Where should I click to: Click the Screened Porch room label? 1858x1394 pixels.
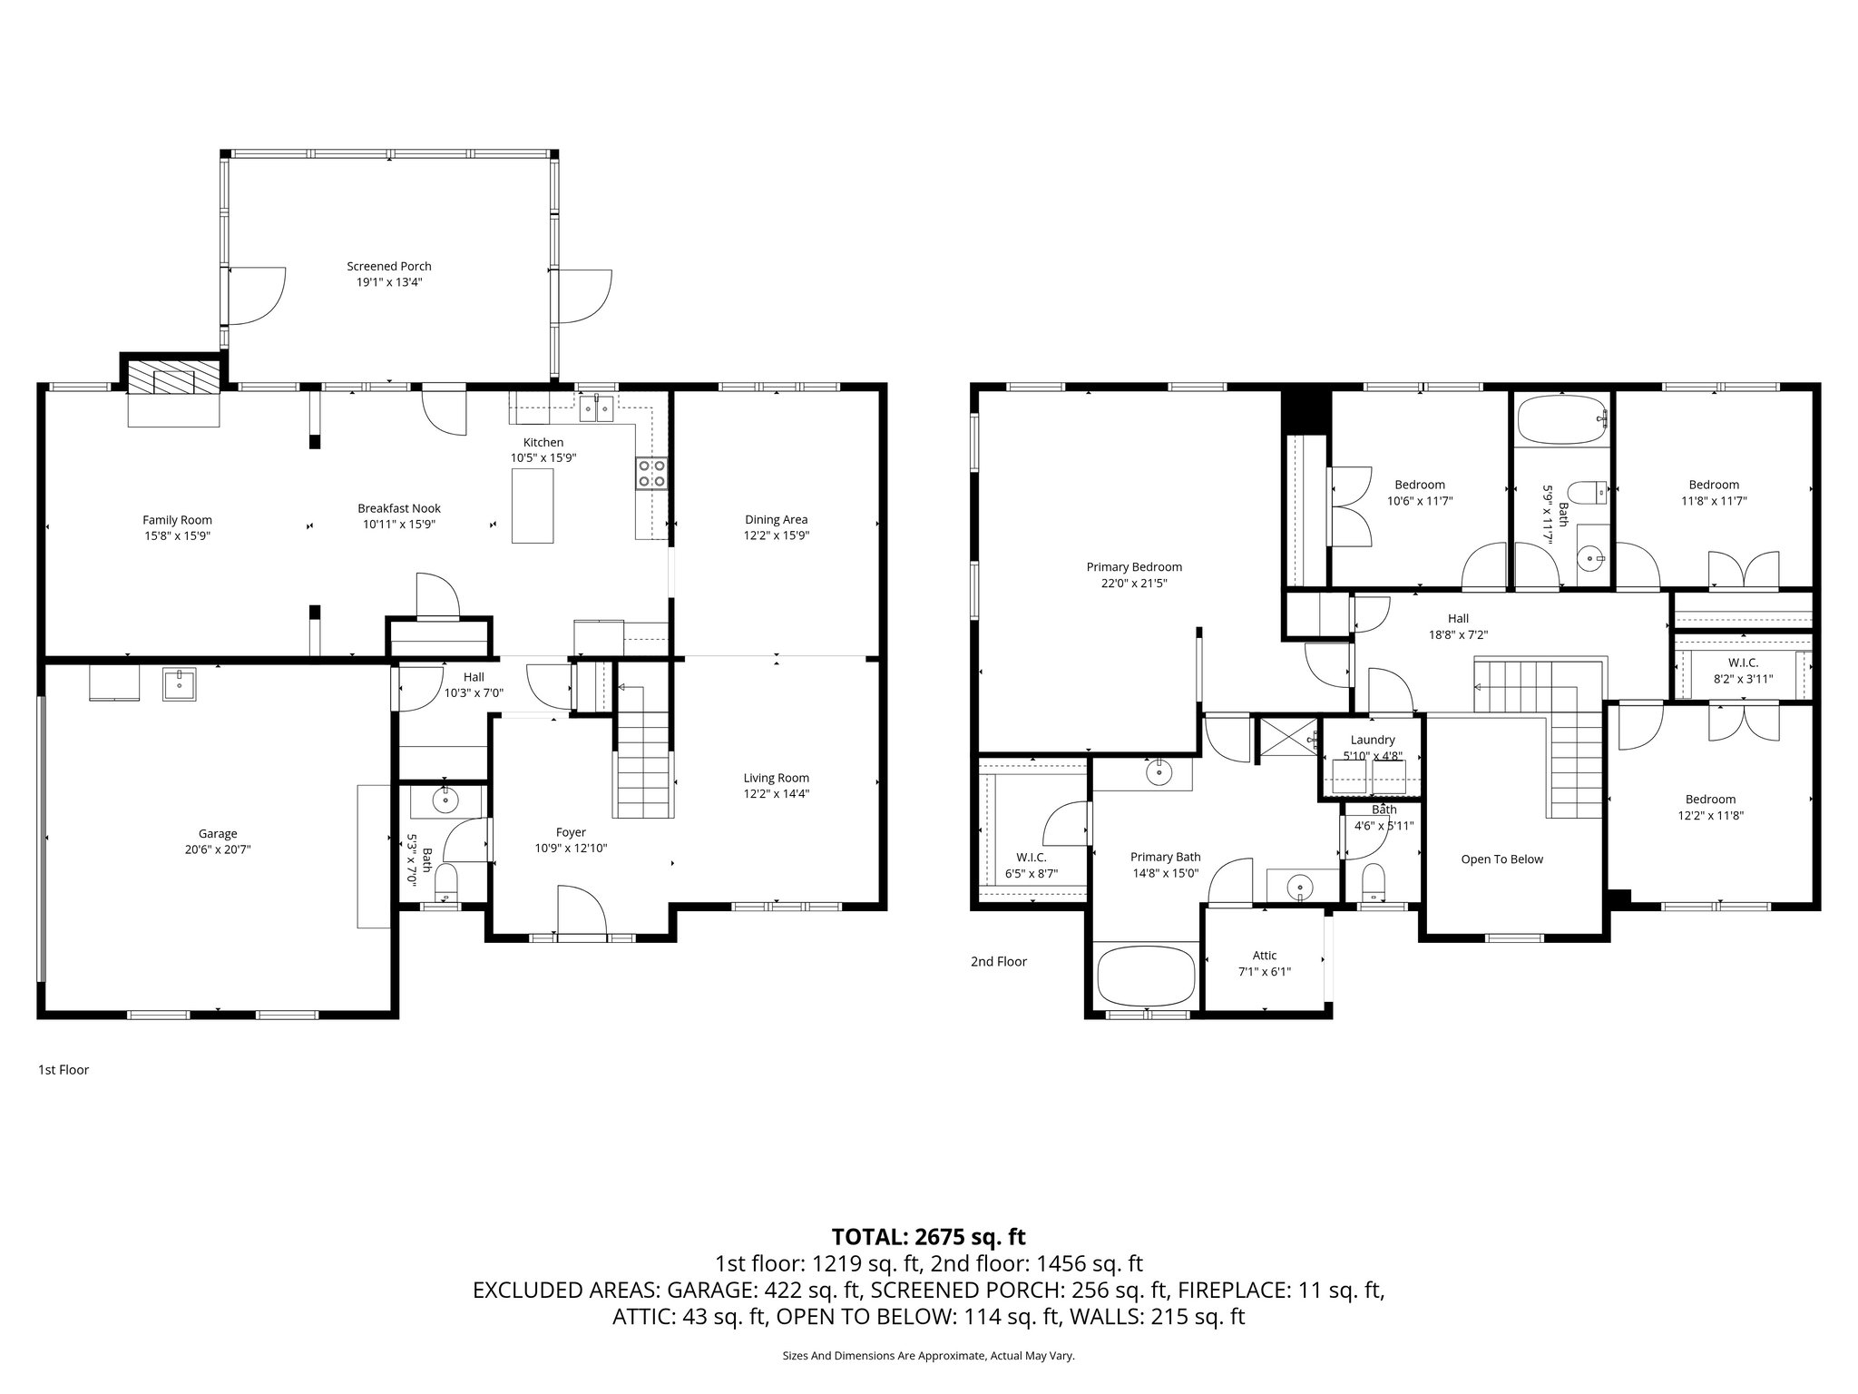[x=388, y=266]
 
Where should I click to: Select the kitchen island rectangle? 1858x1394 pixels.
[x=533, y=506]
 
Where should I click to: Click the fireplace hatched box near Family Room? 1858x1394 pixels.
[x=173, y=379]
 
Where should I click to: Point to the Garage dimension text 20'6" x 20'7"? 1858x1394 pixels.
[x=218, y=849]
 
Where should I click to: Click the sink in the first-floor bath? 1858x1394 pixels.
[x=445, y=801]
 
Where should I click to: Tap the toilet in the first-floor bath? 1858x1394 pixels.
[x=446, y=883]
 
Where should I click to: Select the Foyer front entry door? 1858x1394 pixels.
[x=582, y=912]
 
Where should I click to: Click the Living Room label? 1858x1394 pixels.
[x=776, y=778]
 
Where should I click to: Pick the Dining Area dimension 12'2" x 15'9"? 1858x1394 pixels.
[x=776, y=535]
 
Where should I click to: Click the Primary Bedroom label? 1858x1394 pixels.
[x=1134, y=567]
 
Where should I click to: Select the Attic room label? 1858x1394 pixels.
[x=1265, y=956]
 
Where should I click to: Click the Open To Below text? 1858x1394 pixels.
[x=1501, y=859]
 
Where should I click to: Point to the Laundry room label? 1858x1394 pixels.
[x=1372, y=740]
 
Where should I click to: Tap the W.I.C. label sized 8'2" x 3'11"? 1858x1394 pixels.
[x=1743, y=663]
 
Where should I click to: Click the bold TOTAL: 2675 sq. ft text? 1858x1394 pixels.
[x=928, y=1236]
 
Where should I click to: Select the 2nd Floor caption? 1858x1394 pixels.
[x=998, y=961]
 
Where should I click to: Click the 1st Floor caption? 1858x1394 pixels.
[x=64, y=1070]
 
